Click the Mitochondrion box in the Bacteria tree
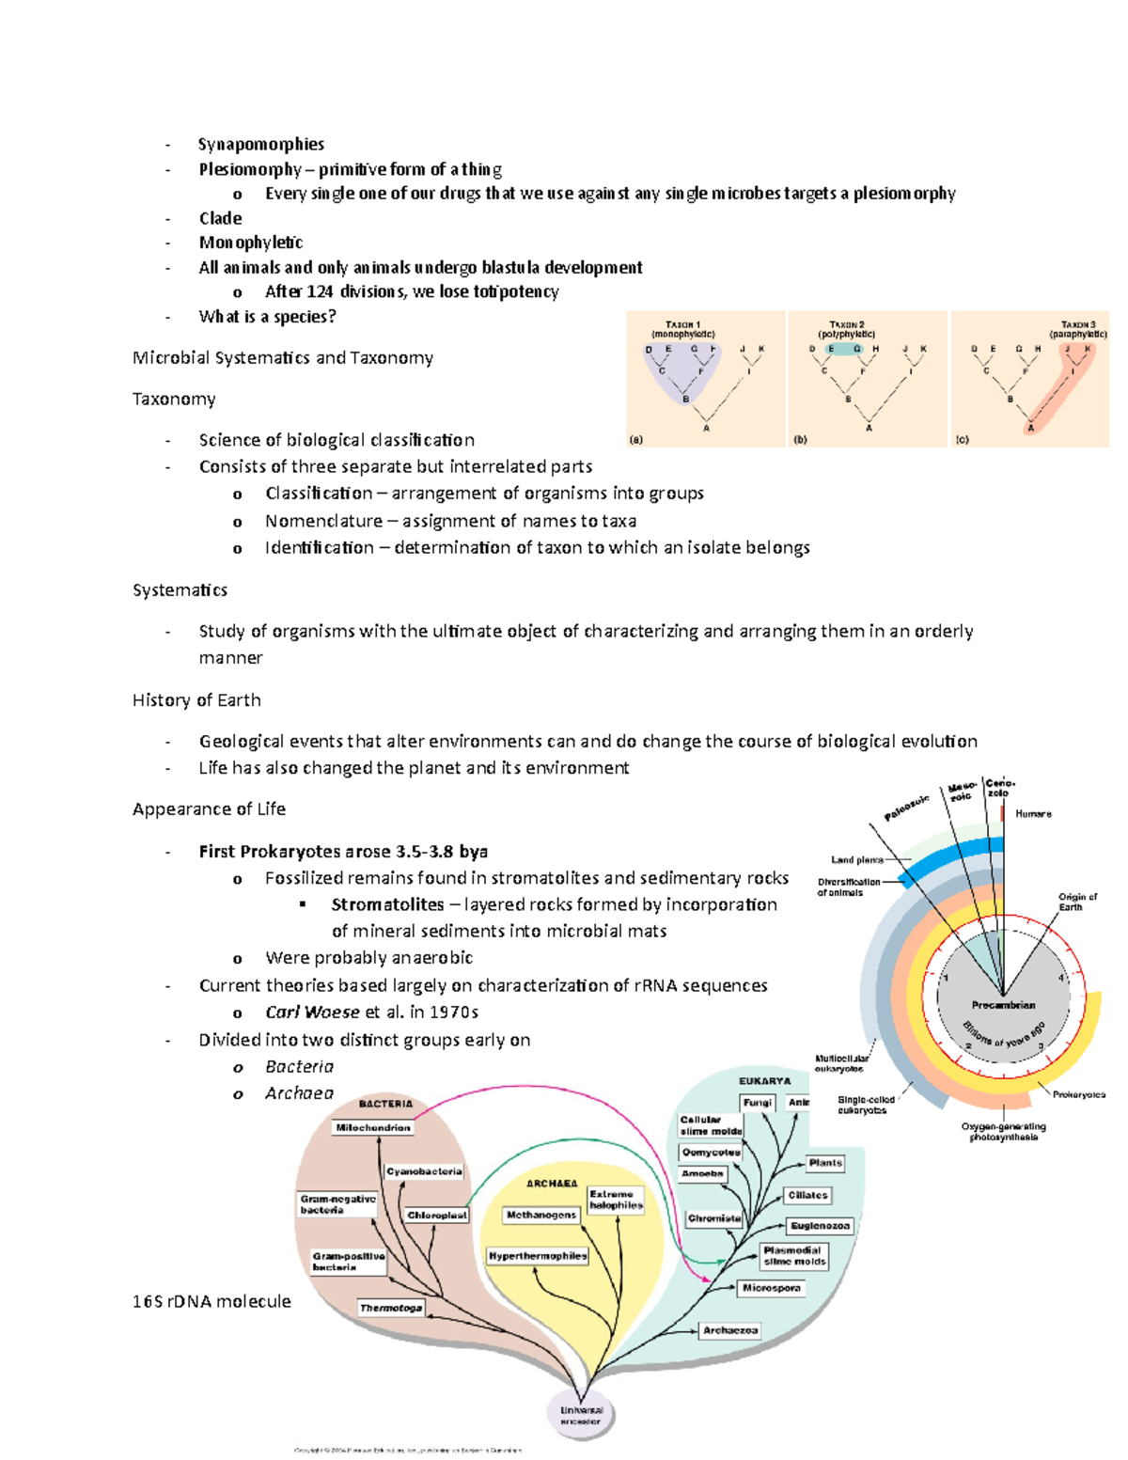373,1127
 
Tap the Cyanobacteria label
424,1171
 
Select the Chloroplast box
437,1215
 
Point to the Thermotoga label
391,1308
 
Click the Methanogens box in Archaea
541,1215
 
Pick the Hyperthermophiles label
538,1256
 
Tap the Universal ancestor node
581,1416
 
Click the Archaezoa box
730,1330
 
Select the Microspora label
771,1288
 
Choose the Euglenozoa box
820,1226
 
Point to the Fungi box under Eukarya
757,1103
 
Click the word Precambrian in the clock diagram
1003,1005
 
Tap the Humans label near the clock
1033,814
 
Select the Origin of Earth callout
1076,902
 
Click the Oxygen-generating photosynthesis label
1003,1132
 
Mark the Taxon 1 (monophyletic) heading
683,329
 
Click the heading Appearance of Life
209,809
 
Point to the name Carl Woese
312,1013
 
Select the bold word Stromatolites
387,904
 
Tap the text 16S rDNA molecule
211,1302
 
